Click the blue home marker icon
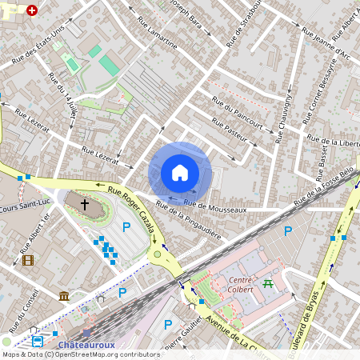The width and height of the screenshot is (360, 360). [x=180, y=173]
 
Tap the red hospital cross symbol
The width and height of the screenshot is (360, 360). [x=32, y=11]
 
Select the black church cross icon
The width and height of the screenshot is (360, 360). [x=84, y=204]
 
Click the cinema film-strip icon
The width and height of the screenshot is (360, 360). [x=28, y=260]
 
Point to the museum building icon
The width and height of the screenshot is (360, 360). [x=63, y=297]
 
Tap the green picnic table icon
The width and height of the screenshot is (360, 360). [x=267, y=282]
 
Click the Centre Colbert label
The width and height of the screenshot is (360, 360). [x=240, y=285]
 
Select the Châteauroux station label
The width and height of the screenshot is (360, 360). [x=80, y=343]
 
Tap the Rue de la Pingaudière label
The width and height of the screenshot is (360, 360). [x=188, y=215]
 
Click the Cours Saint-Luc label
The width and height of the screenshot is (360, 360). [x=15, y=209]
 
